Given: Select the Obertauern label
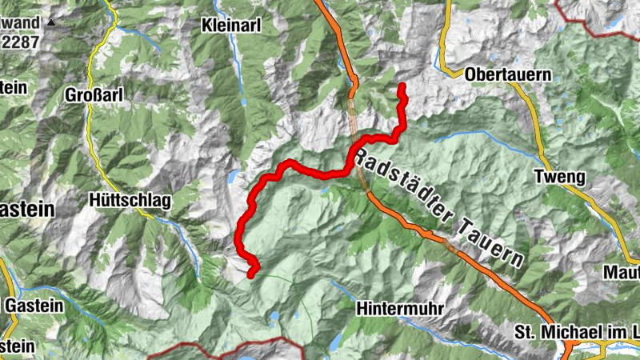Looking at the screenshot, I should pos(508,74).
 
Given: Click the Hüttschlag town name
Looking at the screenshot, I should pos(130,202).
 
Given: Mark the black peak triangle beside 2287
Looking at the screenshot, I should pos(51,23).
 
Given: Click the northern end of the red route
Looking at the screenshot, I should pos(402,86).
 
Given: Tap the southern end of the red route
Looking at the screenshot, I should pos(251,274).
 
